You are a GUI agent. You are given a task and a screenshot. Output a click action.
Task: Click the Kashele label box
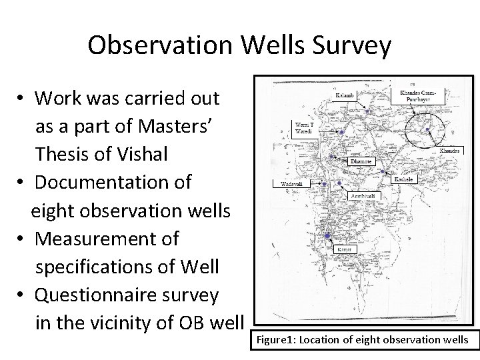pos(405,179)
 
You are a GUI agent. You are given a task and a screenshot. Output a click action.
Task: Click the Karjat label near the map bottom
pos(344,249)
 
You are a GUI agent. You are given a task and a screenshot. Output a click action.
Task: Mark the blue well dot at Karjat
pos(327,236)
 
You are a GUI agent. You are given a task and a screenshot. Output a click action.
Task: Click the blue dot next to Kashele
pos(382,171)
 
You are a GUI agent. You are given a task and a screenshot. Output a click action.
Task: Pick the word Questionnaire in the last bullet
pos(127,295)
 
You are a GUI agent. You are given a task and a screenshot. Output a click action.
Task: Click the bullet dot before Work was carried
pos(22,99)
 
